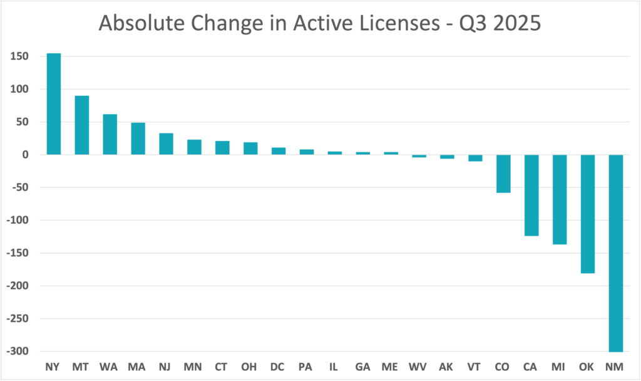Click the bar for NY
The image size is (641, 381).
point(54,104)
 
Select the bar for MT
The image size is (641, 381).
point(82,125)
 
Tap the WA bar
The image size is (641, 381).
point(110,134)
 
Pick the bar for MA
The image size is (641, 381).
point(138,138)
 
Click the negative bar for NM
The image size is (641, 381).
point(616,253)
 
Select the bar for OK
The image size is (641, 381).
point(588,214)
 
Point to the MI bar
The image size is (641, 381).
point(560,199)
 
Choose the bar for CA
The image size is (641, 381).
point(531,195)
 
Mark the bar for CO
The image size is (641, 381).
point(503,174)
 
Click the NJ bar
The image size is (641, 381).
point(166,144)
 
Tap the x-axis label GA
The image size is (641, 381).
point(363,366)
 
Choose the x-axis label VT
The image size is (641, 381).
point(475,366)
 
